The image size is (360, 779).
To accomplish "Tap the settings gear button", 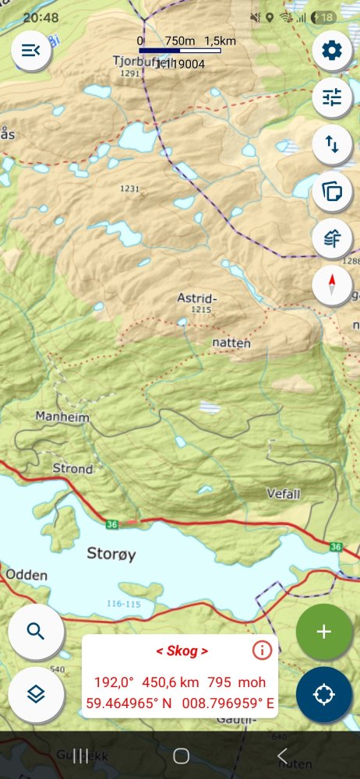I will click(332, 51).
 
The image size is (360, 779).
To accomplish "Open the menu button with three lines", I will click(31, 51).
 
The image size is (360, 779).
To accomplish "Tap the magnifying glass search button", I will click(35, 630).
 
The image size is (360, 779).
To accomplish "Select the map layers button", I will click(35, 693).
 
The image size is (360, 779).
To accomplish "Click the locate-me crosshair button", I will click(324, 693).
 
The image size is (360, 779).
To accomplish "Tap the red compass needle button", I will click(332, 285).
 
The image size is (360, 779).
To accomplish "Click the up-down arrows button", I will click(332, 144).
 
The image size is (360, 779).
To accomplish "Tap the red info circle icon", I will click(262, 650).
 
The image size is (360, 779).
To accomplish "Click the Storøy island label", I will click(111, 554).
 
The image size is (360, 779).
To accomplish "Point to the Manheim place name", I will click(62, 418).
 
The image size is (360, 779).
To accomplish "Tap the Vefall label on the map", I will click(283, 493).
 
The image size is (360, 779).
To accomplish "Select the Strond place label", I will click(72, 469).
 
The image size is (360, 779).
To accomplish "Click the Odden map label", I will click(26, 575).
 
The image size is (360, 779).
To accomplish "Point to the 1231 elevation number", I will click(129, 189).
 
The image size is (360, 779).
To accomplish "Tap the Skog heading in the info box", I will click(182, 650).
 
